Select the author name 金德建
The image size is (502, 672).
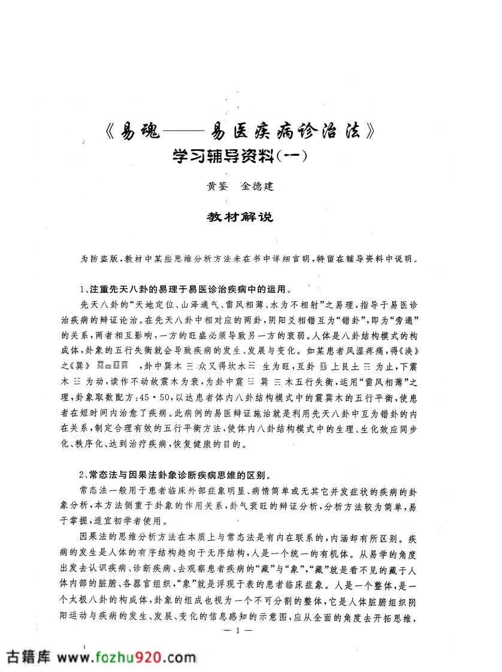[x=258, y=187]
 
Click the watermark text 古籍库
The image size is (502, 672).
[x=29, y=655]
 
